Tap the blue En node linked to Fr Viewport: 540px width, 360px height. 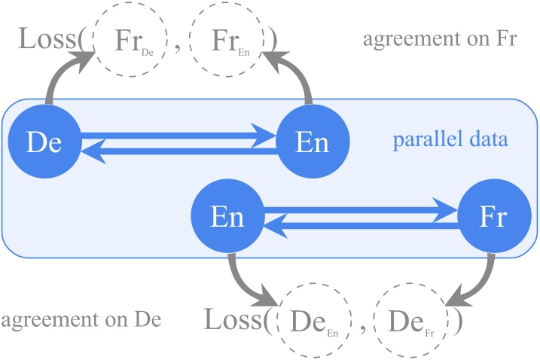click(x=227, y=217)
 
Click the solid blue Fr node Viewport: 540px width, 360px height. click(x=495, y=217)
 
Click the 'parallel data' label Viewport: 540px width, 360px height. click(x=450, y=140)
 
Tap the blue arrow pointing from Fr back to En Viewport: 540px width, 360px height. click(x=362, y=224)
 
